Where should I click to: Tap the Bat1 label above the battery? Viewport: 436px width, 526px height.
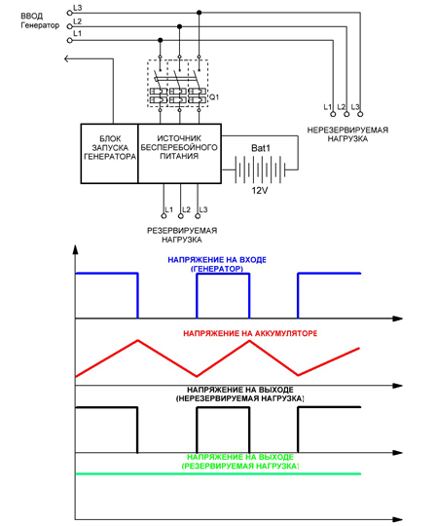click(261, 148)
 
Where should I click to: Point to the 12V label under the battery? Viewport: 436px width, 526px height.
click(260, 191)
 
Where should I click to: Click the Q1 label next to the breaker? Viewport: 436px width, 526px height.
click(214, 97)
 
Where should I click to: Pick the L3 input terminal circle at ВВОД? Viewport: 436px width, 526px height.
click(70, 13)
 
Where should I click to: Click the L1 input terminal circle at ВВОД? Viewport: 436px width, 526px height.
click(70, 40)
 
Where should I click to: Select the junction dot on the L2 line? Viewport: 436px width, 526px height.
click(180, 26)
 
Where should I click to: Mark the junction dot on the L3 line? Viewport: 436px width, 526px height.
click(200, 13)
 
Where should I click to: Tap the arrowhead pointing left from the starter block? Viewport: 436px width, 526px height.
click(66, 58)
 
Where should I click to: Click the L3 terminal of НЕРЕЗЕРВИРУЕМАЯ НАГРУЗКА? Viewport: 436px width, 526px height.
click(360, 114)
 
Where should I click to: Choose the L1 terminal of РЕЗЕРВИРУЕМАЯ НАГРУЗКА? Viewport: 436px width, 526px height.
click(163, 216)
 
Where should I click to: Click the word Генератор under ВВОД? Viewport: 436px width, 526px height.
click(40, 25)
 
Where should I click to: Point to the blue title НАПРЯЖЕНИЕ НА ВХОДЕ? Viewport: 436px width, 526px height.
click(217, 260)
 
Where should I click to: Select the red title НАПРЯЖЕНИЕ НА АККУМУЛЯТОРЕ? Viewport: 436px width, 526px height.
click(250, 333)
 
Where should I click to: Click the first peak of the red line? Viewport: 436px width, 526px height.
click(138, 341)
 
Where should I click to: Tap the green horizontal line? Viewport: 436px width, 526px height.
click(219, 473)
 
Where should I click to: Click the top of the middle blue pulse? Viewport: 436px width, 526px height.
click(223, 274)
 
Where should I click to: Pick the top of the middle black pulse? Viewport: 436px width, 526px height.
click(223, 407)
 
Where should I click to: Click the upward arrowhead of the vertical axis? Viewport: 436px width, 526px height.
click(75, 249)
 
